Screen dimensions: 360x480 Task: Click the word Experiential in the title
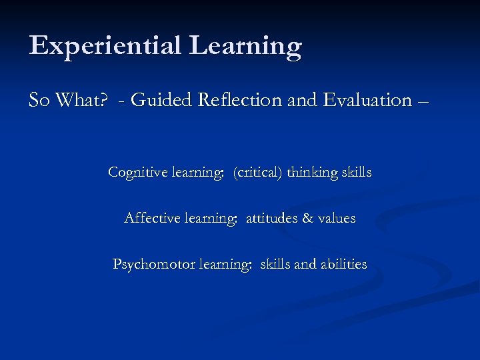pos(105,46)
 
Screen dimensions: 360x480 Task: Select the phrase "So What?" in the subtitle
pos(66,100)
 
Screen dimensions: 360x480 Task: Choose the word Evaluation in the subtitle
pos(367,100)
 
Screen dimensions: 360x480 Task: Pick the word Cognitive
pos(137,172)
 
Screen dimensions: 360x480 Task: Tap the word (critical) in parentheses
pos(257,172)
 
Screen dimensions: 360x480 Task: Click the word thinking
pos(312,172)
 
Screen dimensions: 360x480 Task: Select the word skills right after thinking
pos(357,172)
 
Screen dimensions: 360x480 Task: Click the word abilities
pos(344,264)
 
